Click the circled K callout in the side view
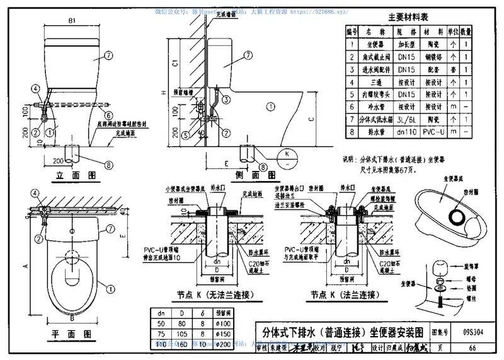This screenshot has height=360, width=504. click(286, 153)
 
